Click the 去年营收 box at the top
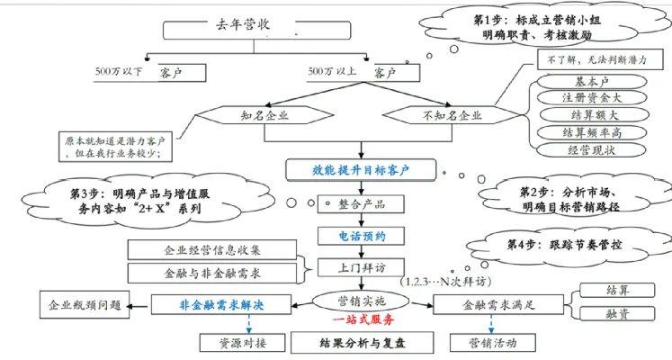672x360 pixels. [x=256, y=31]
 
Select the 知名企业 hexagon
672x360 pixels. [x=264, y=115]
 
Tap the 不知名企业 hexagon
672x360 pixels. [x=452, y=115]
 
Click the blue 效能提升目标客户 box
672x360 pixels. [x=361, y=170]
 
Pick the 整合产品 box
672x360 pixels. [x=361, y=204]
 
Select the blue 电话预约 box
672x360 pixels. [x=362, y=236]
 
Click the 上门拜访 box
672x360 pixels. [x=361, y=268]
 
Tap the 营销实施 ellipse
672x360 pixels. [x=362, y=301]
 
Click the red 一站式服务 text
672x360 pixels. [x=363, y=319]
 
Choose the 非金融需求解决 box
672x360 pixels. [x=221, y=305]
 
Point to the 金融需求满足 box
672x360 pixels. [x=498, y=305]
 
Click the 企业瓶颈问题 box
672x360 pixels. [x=85, y=305]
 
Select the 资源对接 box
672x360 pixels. [x=243, y=343]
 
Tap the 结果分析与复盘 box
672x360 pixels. [x=363, y=343]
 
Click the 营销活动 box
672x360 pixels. [x=492, y=343]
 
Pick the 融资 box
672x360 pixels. [x=617, y=314]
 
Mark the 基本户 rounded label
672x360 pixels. [x=592, y=81]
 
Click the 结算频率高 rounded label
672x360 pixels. [x=592, y=133]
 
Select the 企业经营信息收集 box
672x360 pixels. [x=212, y=250]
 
